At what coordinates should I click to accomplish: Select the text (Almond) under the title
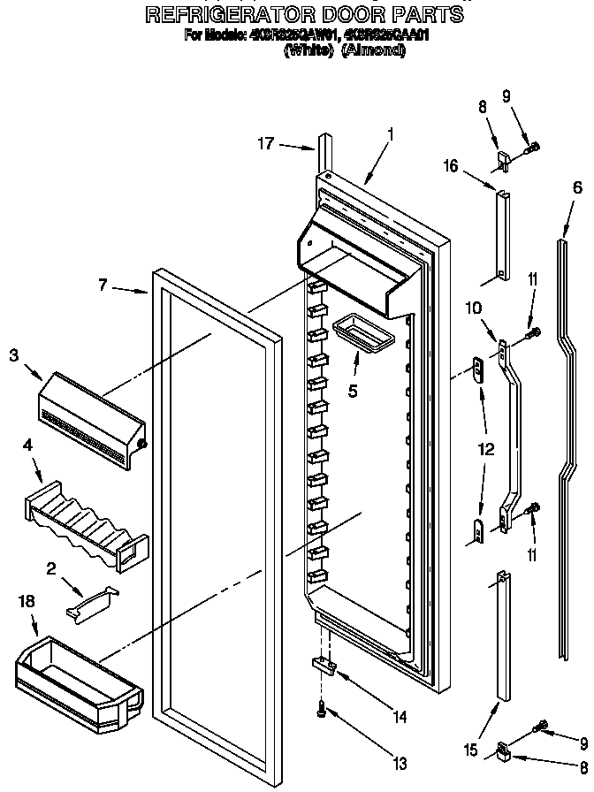coord(373,51)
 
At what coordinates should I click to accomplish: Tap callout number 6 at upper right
coord(577,187)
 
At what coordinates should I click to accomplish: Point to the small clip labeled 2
coord(91,601)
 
